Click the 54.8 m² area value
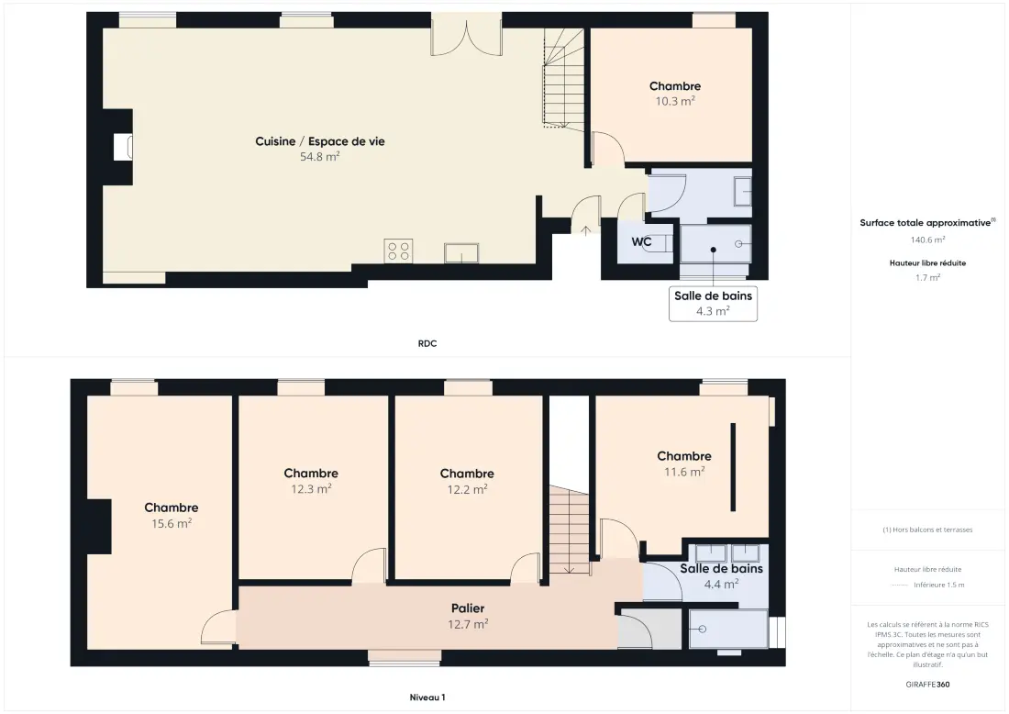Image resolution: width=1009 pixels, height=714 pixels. pyautogui.click(x=320, y=156)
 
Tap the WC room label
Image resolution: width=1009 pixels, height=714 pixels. pyautogui.click(x=641, y=242)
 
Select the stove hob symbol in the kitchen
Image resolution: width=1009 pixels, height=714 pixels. pyautogui.click(x=398, y=251)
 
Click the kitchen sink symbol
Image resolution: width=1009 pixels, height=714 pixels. pyautogui.click(x=461, y=253)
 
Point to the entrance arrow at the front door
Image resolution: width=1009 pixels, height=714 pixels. pyautogui.click(x=585, y=230)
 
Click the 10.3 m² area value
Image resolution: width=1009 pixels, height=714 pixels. pyautogui.click(x=675, y=101)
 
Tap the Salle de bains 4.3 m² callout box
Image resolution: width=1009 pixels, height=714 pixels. pyautogui.click(x=713, y=303)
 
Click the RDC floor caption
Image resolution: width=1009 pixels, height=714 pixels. pyautogui.click(x=427, y=344)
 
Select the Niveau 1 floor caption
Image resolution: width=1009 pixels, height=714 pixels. pyautogui.click(x=427, y=697)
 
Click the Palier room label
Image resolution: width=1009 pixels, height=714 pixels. pyautogui.click(x=468, y=608)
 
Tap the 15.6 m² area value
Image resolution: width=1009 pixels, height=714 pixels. pyautogui.click(x=172, y=524)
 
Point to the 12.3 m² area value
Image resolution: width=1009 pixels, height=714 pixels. pyautogui.click(x=312, y=489)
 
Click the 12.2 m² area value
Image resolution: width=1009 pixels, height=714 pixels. pyautogui.click(x=467, y=490)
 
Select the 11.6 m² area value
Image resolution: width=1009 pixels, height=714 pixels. pyautogui.click(x=684, y=472)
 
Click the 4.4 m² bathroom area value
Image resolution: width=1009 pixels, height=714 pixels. pyautogui.click(x=721, y=585)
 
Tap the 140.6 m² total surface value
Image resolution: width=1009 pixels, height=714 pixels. pyautogui.click(x=928, y=240)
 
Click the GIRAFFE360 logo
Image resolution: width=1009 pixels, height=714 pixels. pyautogui.click(x=928, y=685)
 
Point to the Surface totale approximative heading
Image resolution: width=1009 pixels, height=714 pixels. pyautogui.click(x=927, y=223)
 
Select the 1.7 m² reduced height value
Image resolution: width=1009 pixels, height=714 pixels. pyautogui.click(x=928, y=278)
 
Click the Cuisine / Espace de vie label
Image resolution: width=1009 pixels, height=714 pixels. pyautogui.click(x=320, y=141)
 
